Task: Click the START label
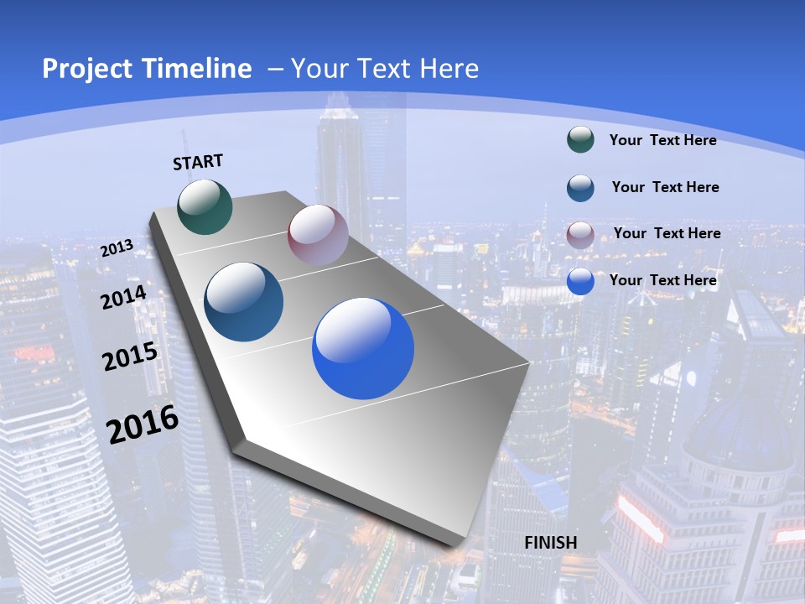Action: pos(198,162)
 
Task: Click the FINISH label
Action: pos(551,543)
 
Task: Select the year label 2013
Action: pos(117,247)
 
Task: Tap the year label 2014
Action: pos(123,297)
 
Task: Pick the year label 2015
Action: pos(130,357)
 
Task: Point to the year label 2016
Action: pos(143,424)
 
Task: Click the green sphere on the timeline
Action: pos(205,206)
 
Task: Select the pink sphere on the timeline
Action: pos(318,235)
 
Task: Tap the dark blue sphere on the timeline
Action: pos(244,302)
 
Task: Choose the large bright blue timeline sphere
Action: pos(363,348)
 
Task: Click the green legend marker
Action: pos(580,140)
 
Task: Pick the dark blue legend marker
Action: pos(580,188)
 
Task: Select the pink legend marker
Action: pos(580,234)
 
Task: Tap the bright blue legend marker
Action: pos(580,281)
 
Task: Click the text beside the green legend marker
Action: pos(662,140)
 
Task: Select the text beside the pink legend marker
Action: pos(667,233)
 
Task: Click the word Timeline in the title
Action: pos(193,69)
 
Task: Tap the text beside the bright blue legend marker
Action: pos(662,280)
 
